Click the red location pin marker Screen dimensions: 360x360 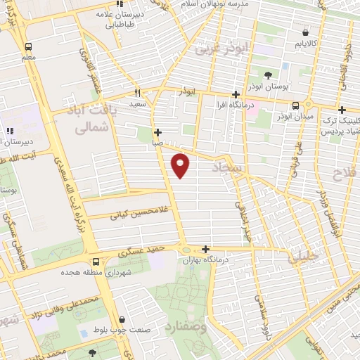181,165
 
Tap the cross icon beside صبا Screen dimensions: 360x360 157,131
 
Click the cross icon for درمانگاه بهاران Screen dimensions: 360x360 205,249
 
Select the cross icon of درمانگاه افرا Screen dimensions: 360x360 236,94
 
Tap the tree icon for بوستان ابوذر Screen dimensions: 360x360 268,75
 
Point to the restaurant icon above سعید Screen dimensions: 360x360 137,93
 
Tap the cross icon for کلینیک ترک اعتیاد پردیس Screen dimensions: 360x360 342,110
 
